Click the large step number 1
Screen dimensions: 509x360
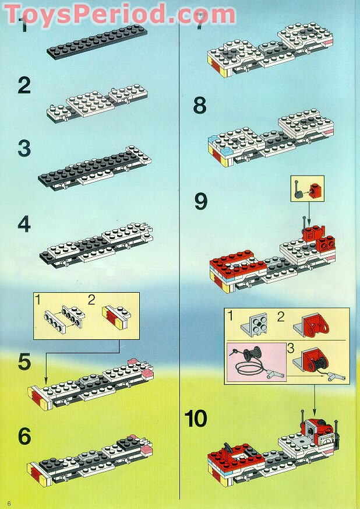point(23,26)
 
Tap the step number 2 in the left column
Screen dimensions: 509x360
point(24,86)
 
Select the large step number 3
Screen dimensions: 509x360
point(24,148)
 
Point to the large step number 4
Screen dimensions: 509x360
point(24,224)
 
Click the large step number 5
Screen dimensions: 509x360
point(24,362)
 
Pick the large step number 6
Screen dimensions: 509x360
point(24,437)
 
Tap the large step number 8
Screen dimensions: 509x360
point(200,106)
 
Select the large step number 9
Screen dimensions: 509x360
point(200,202)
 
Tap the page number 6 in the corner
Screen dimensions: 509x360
point(9,503)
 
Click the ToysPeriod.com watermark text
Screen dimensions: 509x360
point(120,13)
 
